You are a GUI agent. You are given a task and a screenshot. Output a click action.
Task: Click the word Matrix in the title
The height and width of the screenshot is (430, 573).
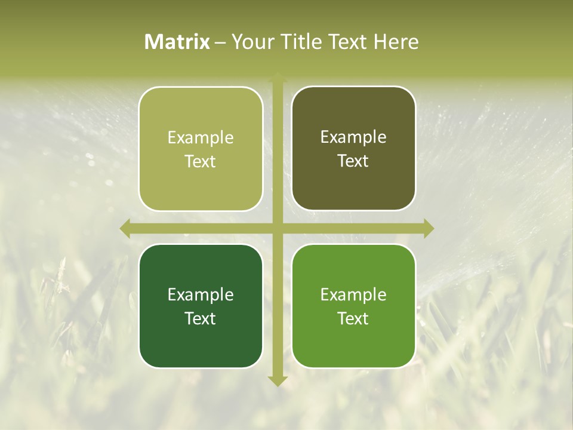click(177, 42)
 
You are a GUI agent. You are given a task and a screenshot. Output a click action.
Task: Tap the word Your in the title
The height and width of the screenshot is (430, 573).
click(250, 42)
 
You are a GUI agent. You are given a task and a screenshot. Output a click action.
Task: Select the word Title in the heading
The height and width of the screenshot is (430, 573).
click(297, 42)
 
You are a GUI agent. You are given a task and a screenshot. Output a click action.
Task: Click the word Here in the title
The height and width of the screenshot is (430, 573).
click(396, 42)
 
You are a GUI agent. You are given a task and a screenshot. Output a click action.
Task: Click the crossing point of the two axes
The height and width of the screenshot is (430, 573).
click(277, 228)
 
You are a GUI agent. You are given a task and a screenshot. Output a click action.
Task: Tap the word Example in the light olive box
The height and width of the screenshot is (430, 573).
click(201, 138)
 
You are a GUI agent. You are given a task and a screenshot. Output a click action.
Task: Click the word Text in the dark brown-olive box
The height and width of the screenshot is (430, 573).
click(353, 161)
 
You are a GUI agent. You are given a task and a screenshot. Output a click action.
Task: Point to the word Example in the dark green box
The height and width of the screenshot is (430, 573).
click(201, 295)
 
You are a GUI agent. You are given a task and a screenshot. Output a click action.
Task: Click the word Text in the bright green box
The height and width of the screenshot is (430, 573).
click(353, 318)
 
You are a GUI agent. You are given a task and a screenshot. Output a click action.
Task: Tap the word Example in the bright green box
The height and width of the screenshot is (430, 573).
click(353, 295)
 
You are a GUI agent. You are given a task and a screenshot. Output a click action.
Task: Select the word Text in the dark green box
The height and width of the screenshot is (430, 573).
click(201, 318)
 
